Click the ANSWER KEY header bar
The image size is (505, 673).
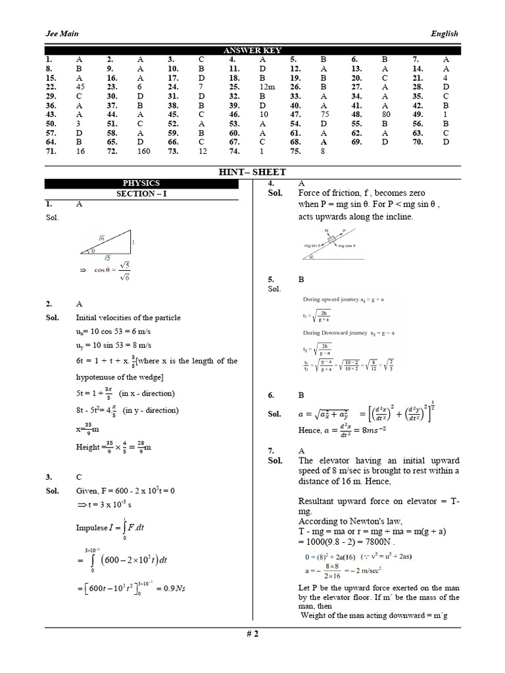coord(252,51)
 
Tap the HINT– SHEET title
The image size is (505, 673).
coord(252,172)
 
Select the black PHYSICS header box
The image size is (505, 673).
coord(141,183)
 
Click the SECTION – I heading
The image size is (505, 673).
coord(141,194)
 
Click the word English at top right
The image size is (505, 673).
coord(444,34)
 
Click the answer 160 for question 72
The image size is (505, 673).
coord(143,151)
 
